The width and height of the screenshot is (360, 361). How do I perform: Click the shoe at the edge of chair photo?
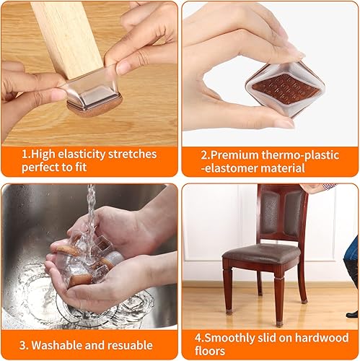tap(351, 313)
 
